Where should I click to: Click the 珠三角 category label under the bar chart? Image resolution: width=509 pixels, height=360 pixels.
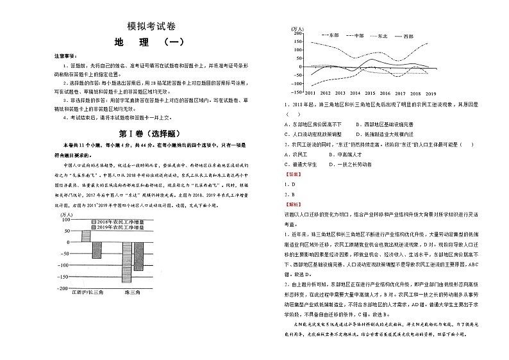[x=132, y=293]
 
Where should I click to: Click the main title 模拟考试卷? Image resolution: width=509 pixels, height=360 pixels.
[x=148, y=26]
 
